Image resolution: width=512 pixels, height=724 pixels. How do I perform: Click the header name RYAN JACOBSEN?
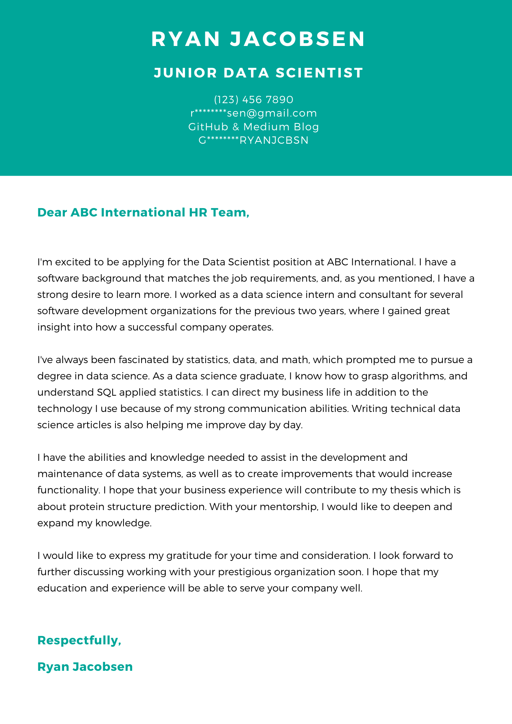(x=258, y=39)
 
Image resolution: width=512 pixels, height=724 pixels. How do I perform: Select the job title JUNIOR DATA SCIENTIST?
(x=258, y=73)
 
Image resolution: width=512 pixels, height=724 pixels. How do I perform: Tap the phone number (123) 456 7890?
(x=253, y=99)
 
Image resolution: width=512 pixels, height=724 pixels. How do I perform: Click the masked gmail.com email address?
(x=253, y=113)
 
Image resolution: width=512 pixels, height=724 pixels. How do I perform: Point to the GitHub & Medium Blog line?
(x=253, y=127)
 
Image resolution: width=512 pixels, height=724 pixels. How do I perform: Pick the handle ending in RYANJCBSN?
(x=253, y=140)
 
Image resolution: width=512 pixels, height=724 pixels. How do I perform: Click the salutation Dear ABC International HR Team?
(x=143, y=212)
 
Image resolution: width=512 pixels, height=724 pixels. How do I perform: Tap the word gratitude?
(x=188, y=555)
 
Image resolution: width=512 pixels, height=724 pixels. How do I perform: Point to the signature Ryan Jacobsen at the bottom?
(x=85, y=666)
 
